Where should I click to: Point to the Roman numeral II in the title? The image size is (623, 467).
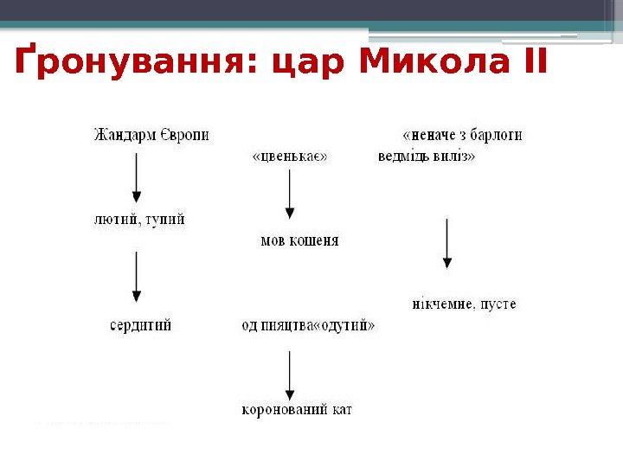pos(530,62)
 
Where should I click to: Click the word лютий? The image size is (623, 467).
pos(113,220)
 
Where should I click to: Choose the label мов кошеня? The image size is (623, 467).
pos(299,241)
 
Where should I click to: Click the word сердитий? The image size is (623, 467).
pos(140,325)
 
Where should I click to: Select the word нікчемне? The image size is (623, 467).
pos(441,304)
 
